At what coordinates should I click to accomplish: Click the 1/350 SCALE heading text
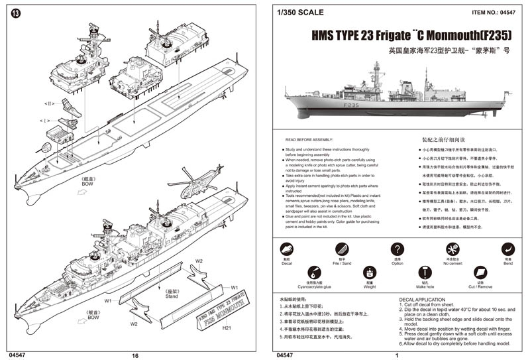point(301,12)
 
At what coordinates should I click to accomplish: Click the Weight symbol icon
point(370,272)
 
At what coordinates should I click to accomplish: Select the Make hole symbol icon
point(425,272)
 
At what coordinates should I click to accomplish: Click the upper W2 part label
point(198,261)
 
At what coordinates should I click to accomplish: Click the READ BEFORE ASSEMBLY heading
point(309,141)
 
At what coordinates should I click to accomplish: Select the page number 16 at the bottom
point(135,355)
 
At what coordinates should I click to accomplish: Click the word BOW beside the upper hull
point(87,184)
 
